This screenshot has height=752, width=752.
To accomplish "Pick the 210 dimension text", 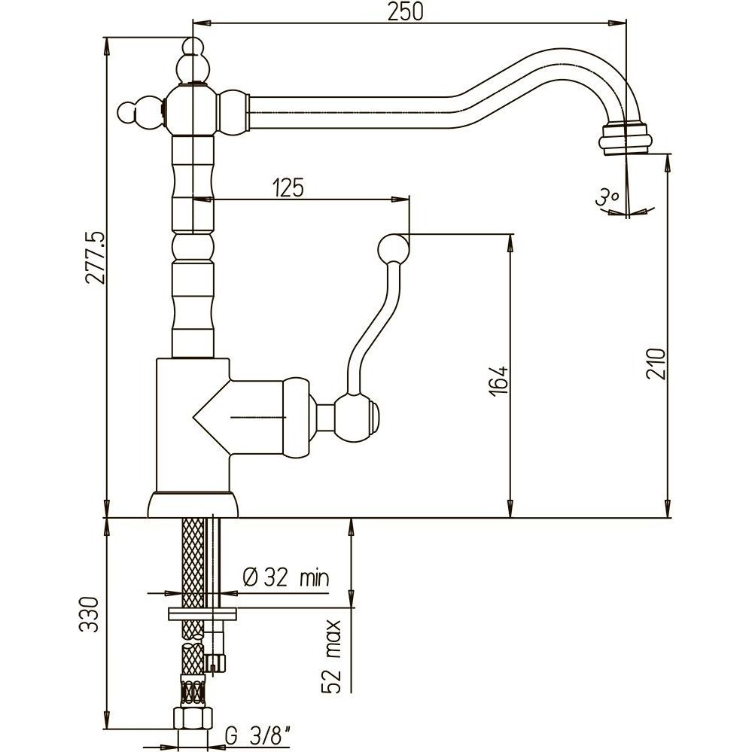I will (x=656, y=364).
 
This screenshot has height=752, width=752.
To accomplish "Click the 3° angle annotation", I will (x=606, y=197).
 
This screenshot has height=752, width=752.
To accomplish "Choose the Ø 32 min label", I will (x=286, y=577).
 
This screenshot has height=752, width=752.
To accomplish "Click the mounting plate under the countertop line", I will (x=201, y=614).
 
